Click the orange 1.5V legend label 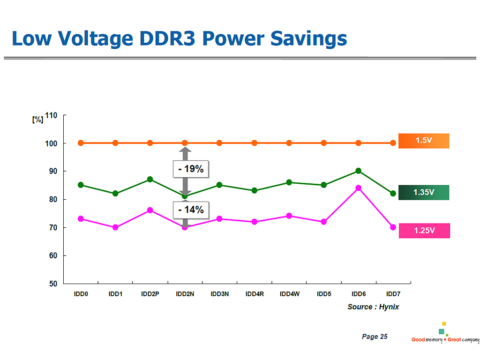click(424, 141)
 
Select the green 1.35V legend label click(424, 192)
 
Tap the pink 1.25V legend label click(424, 231)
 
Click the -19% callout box click(191, 169)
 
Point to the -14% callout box click(191, 210)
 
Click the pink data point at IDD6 click(359, 188)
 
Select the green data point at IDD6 click(359, 171)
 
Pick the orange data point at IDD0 click(81, 143)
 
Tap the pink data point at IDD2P click(150, 210)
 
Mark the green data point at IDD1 click(115, 194)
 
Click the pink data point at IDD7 click(393, 227)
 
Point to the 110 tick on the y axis click(51, 115)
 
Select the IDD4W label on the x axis click(289, 294)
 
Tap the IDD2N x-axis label click(185, 294)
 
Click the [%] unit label click(37, 119)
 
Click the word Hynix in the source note click(389, 307)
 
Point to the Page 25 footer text click(375, 337)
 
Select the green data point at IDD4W click(289, 182)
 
